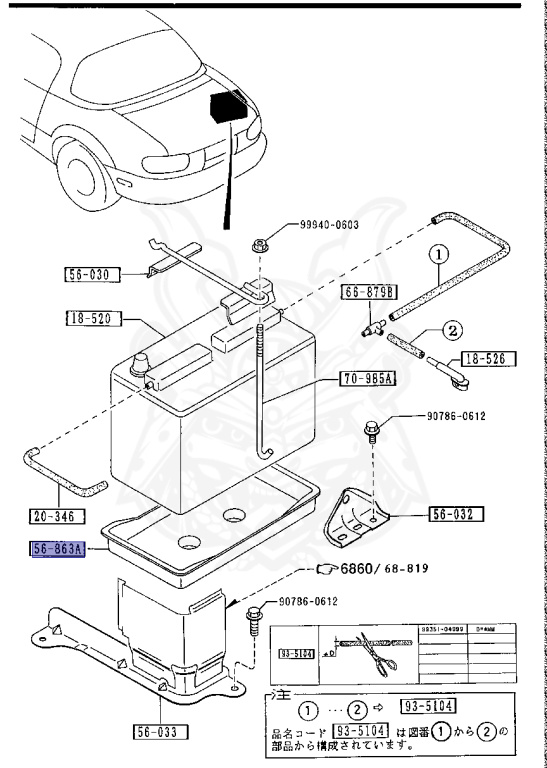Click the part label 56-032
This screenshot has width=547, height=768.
[457, 515]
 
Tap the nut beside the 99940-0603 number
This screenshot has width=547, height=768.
[259, 243]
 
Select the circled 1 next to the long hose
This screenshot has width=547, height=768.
[437, 255]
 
